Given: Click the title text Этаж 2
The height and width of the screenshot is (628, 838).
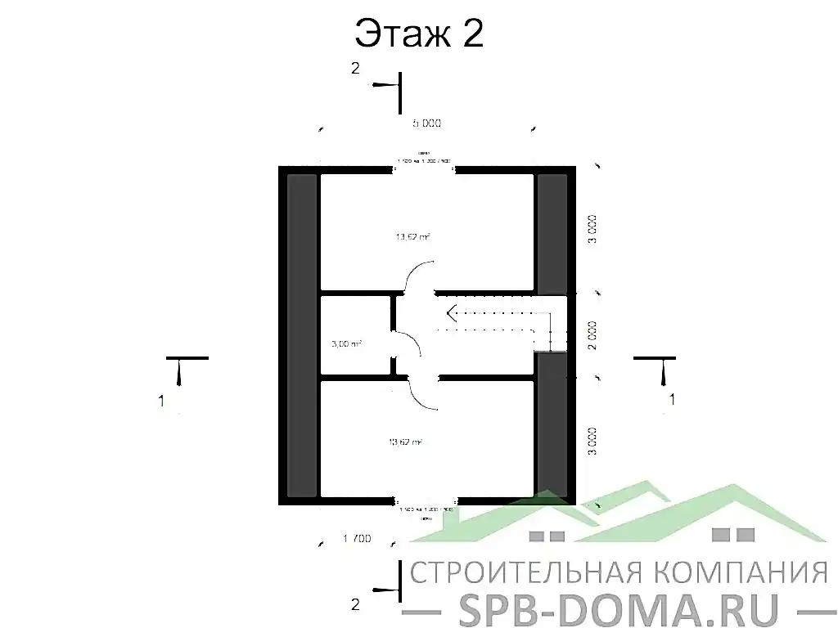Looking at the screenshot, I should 418,34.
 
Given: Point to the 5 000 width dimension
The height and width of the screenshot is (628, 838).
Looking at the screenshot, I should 426,123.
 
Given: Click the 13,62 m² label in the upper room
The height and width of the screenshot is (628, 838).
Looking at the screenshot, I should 413,237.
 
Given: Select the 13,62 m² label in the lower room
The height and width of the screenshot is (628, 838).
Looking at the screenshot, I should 406,442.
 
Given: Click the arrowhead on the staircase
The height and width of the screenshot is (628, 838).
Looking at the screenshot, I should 449,311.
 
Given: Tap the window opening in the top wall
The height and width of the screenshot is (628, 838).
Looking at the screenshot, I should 425,169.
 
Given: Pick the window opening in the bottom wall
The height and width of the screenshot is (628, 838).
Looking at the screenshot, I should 425,500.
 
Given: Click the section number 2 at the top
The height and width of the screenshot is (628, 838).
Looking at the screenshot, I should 355,70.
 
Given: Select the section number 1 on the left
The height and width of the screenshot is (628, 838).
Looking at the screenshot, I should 162,401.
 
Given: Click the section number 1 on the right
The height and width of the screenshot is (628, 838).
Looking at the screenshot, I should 673,400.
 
